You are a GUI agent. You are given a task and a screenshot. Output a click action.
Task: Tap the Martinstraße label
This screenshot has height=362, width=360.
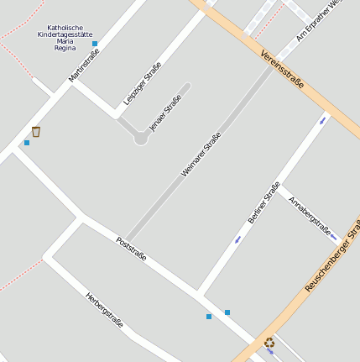tap(84, 65)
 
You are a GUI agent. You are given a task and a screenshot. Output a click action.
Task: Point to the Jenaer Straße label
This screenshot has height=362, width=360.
tap(165, 113)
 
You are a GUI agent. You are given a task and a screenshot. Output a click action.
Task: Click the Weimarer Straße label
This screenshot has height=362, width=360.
tap(201, 155)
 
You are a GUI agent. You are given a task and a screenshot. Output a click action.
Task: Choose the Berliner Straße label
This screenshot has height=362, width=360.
tap(263, 202)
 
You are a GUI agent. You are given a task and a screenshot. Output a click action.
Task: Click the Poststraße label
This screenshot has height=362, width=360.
tap(131, 249)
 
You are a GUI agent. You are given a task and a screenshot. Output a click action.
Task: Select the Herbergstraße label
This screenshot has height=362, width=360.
tap(104, 310)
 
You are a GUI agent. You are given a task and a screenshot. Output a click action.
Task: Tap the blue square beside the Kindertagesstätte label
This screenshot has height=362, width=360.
tap(95, 44)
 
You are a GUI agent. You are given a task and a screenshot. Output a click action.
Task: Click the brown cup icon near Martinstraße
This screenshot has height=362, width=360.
tap(36, 131)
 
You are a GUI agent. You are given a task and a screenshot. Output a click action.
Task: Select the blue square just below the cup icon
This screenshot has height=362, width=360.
tap(27, 143)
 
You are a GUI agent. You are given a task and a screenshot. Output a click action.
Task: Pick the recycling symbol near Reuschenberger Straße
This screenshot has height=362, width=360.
tap(269, 342)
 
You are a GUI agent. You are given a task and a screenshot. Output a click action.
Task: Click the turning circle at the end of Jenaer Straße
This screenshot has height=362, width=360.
tap(141, 139)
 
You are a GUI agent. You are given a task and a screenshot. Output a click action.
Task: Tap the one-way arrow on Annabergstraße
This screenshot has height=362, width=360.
tap(334, 238)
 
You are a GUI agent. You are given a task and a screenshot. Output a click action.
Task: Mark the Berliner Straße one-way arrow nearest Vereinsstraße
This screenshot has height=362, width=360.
tap(323, 120)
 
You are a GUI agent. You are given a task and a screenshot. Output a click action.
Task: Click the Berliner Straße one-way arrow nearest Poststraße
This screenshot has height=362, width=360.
tap(238, 239)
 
